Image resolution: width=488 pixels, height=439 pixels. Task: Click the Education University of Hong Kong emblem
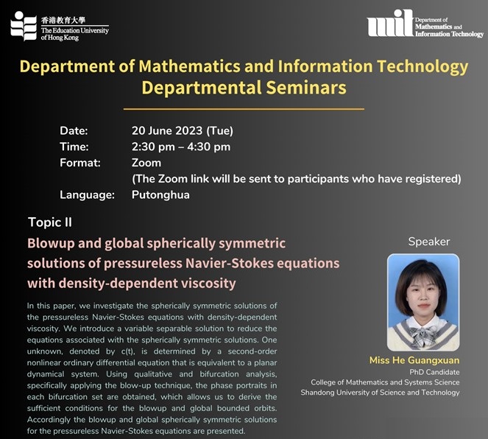[x=24, y=27]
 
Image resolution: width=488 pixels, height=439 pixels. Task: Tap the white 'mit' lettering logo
[x=391, y=23]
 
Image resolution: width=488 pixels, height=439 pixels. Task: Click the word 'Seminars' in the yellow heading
[x=306, y=88]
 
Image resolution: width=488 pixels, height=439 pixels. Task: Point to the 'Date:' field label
[x=74, y=131]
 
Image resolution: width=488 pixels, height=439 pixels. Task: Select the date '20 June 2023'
[x=167, y=130]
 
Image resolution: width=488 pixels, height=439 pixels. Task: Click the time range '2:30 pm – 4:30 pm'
[x=181, y=147]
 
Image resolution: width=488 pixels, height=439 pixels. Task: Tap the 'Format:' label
[x=80, y=163]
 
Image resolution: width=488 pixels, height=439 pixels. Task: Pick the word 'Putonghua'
[x=160, y=195]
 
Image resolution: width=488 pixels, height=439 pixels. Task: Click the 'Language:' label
[x=87, y=195]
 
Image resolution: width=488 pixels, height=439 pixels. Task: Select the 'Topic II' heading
[x=50, y=222]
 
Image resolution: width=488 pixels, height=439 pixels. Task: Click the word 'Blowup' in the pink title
[x=51, y=244]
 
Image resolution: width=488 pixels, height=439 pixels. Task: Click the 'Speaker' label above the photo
[x=429, y=242]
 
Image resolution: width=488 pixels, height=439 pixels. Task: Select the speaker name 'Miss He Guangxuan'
[x=414, y=360]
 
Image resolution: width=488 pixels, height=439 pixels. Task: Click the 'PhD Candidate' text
[x=434, y=372]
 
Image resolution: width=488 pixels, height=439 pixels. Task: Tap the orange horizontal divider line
[x=244, y=109]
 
